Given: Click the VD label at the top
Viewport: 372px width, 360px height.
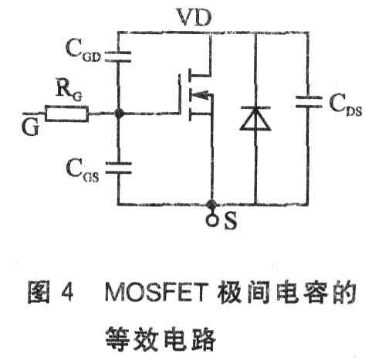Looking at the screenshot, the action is point(194,17).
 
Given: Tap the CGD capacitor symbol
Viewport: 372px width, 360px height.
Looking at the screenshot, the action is point(118,57).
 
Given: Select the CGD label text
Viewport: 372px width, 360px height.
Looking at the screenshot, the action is point(83,50).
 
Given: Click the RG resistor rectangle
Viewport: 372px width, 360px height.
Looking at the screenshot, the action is point(67,114).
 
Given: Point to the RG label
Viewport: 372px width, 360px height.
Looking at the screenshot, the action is point(69,91).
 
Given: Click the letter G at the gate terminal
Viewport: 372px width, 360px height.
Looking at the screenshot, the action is point(31,127).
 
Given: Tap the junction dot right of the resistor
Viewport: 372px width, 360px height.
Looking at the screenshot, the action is point(118,114).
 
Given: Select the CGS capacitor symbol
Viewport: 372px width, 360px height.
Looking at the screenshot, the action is point(119,168).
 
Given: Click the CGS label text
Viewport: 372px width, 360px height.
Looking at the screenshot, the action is point(83,170).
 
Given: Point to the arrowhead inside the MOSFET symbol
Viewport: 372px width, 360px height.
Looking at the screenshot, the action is point(202,95).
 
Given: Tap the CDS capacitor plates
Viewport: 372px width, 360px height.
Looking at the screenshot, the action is point(309,102).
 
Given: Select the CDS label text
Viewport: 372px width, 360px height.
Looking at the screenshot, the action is point(346,105).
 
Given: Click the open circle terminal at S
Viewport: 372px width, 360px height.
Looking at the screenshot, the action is point(212,220).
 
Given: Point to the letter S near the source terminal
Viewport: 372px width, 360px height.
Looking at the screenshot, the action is point(230,220).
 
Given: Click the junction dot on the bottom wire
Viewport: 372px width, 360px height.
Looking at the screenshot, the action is point(212,205).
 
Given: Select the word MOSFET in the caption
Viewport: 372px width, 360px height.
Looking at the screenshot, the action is point(157,292).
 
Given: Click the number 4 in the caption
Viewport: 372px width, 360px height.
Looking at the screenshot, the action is point(67,292).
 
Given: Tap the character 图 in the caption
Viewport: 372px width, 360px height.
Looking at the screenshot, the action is point(39,292).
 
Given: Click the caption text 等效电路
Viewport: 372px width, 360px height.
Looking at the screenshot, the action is point(161,338).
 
